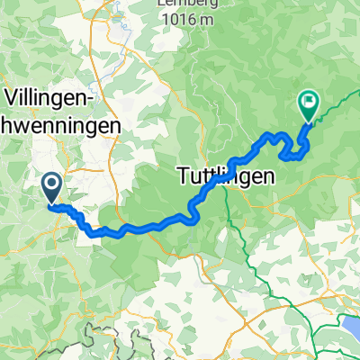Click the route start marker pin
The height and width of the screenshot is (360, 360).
[x=50, y=187]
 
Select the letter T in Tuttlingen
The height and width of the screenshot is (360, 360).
[x=178, y=178]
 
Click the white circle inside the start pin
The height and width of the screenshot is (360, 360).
[x=50, y=184]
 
